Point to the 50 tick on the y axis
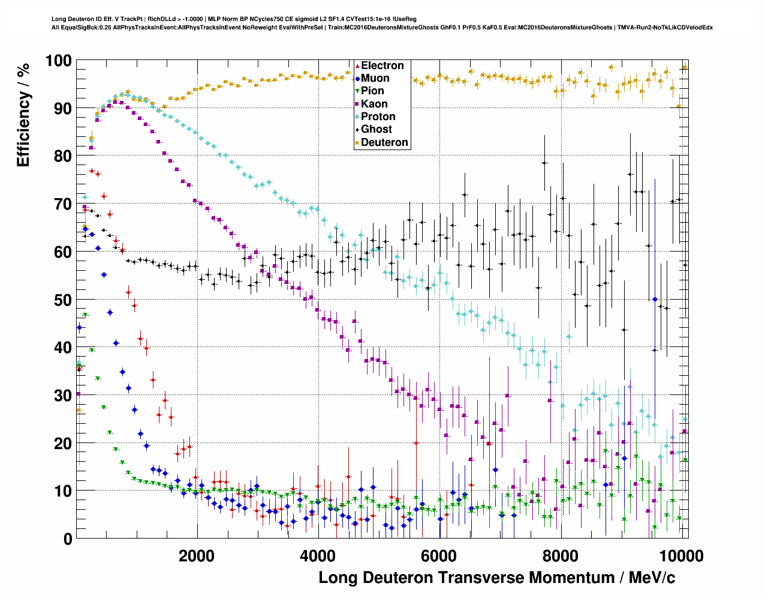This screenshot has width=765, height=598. coord(62,300)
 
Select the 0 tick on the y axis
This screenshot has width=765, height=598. coord(67,539)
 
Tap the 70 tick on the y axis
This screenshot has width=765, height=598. coord(62,204)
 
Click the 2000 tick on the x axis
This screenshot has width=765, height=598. coord(196,555)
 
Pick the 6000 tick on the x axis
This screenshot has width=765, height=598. coord(439,555)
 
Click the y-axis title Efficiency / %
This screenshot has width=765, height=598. coord(23,114)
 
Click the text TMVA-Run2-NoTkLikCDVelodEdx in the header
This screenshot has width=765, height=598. coord(665,27)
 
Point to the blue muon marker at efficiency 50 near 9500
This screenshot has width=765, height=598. coord(655,299)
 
